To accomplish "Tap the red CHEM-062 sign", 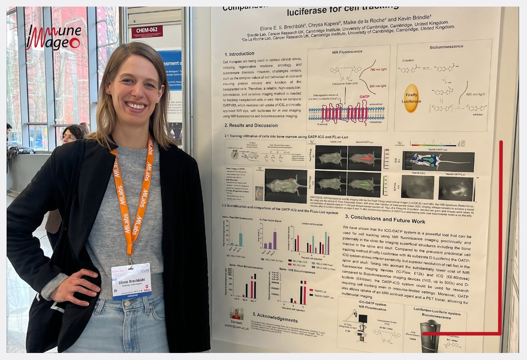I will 147,31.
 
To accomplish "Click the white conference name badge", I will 131,281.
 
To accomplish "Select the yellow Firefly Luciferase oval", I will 411,98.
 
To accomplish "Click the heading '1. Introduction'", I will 242,54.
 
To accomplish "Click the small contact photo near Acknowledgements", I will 236,313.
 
